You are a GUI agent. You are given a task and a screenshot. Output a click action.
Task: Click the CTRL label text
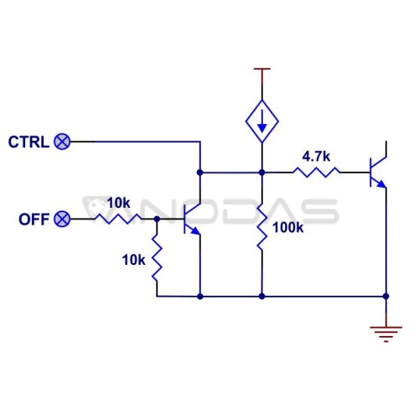tap(28, 142)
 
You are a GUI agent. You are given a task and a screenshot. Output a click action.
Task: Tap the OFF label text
tap(34, 220)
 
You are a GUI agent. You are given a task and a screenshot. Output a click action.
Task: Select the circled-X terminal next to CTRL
tap(62, 142)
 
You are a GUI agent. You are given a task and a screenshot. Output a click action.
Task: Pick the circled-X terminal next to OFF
tap(62, 219)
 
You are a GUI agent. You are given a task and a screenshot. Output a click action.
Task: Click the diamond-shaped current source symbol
tap(261, 122)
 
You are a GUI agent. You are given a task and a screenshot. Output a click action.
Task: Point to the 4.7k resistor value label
tap(316, 157)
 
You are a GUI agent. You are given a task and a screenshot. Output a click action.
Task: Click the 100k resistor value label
tap(288, 228)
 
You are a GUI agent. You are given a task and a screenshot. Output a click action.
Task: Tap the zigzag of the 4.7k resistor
tap(317, 173)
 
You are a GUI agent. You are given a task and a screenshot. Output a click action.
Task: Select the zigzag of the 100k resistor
tap(261, 227)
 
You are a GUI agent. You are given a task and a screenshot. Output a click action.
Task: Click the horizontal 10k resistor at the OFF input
tap(118, 219)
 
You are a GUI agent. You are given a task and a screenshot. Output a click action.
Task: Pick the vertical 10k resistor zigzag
tap(157, 258)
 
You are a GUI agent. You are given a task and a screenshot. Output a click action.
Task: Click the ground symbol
tap(386, 334)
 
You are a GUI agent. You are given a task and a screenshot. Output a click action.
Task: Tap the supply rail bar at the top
tap(262, 69)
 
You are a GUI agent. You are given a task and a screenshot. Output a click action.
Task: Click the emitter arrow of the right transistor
tap(382, 184)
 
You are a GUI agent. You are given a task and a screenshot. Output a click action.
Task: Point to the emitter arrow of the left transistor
tap(196, 230)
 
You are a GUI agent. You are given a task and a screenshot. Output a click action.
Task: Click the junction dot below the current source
tap(261, 173)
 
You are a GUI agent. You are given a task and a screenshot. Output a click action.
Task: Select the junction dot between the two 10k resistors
tap(157, 219)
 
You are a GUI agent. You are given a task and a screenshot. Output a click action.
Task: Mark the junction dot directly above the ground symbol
tap(386, 296)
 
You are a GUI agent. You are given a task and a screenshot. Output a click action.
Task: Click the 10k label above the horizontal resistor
tap(118, 203)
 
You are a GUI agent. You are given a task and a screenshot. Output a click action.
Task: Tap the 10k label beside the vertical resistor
tap(133, 260)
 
